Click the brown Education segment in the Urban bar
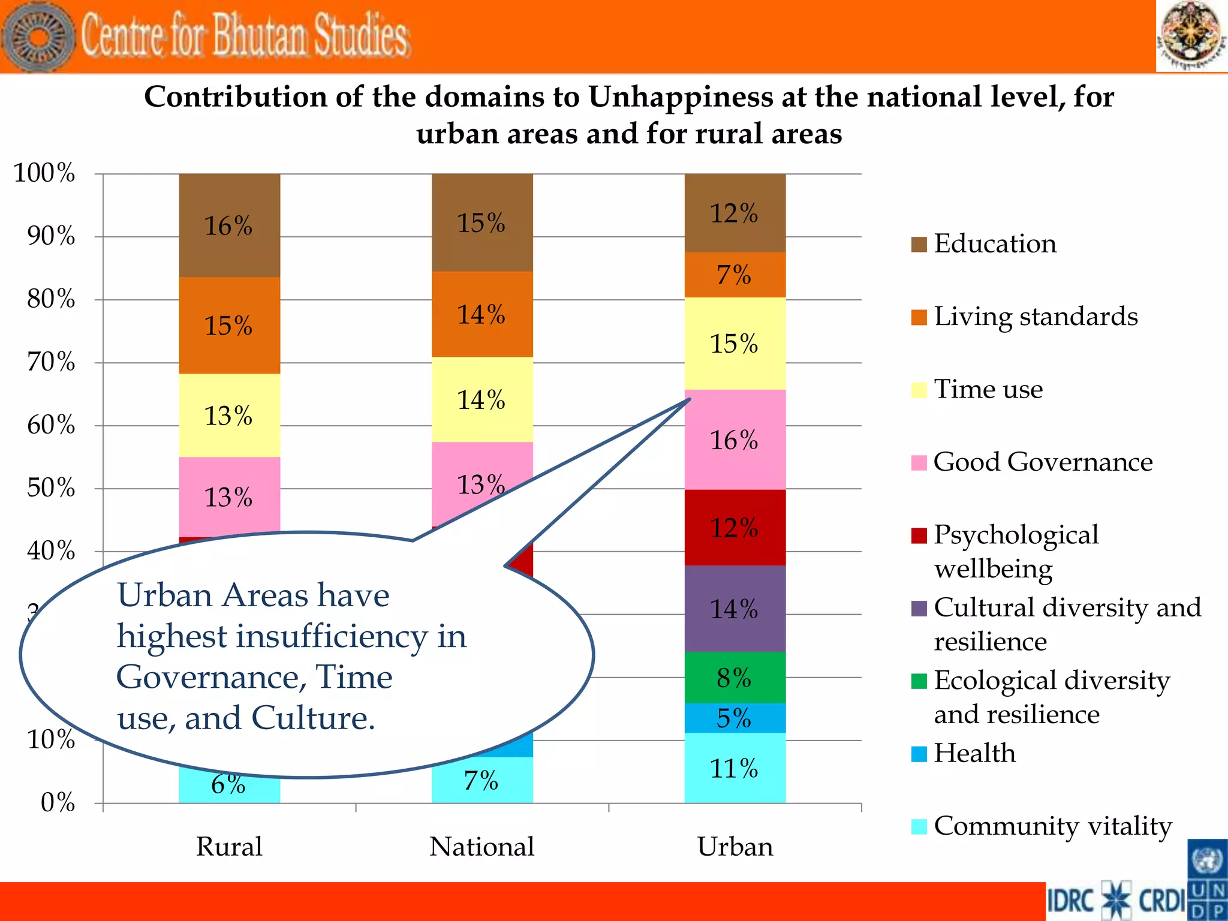click(x=735, y=213)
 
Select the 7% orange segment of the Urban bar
click(x=735, y=275)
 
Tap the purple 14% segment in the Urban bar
click(x=735, y=609)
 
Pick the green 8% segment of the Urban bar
click(x=735, y=678)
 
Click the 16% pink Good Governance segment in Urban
click(x=735, y=440)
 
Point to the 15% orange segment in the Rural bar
click(x=229, y=326)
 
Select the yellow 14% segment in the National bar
click(x=481, y=399)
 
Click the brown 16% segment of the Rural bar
click(x=229, y=225)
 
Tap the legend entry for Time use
click(x=988, y=389)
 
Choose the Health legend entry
click(x=974, y=753)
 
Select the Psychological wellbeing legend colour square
click(x=919, y=535)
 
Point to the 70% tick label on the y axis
click(x=52, y=362)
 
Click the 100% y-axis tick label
click(x=44, y=173)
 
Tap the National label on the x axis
click(x=481, y=847)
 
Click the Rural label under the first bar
click(x=229, y=847)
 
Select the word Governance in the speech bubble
click(x=207, y=677)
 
